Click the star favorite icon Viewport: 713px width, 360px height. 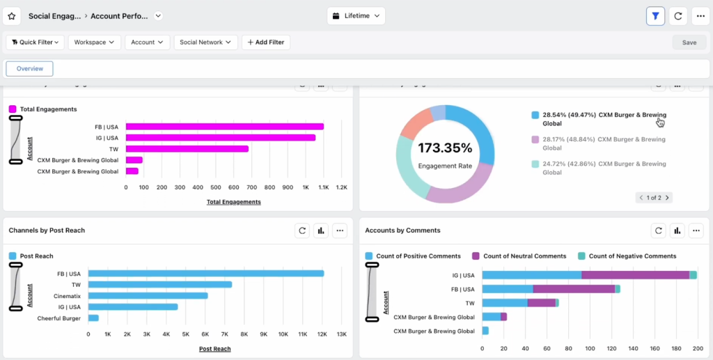(12, 16)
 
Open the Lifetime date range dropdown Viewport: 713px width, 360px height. (356, 16)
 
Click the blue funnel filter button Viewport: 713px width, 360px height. (655, 16)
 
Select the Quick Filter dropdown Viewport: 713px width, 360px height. (36, 42)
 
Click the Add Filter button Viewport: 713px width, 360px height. (266, 42)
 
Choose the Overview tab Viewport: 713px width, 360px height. (30, 69)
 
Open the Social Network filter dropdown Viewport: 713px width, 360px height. (206, 42)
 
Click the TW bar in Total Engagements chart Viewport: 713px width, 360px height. (187, 149)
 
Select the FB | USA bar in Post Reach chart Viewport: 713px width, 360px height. (205, 274)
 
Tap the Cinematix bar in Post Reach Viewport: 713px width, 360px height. (148, 296)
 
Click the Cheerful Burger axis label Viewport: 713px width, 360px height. (59, 318)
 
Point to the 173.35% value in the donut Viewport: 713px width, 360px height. (445, 148)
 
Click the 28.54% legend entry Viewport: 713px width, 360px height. (597, 118)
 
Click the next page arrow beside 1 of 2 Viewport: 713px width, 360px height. (667, 198)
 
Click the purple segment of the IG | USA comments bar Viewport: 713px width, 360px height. (635, 275)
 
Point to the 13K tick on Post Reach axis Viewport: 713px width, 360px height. (341, 335)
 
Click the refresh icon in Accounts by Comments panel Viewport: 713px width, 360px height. (658, 230)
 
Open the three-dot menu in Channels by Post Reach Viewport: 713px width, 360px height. (339, 230)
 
